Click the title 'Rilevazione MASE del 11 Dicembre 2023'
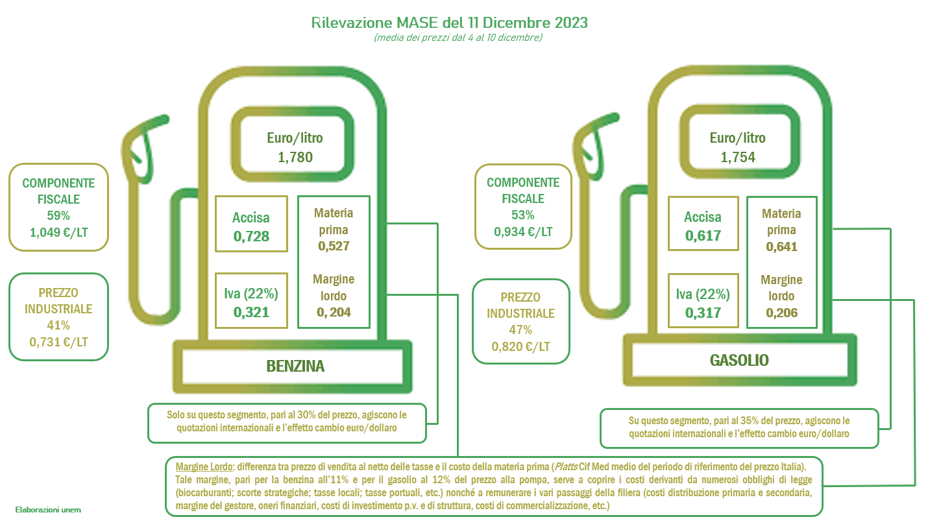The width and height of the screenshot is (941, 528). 449,22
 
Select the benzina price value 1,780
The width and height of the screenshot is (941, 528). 295,157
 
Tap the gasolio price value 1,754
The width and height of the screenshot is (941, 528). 738,157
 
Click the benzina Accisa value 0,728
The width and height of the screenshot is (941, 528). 251,237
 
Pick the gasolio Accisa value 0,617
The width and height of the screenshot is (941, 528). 703,235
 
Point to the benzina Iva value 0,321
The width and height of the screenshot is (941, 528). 251,312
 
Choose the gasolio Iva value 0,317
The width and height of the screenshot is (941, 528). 703,313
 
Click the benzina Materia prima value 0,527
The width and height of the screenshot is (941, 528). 334,246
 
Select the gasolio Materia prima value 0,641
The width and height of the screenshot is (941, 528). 781,246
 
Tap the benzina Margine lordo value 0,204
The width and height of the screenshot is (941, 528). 334,312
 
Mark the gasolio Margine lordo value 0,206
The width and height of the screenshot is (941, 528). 781,313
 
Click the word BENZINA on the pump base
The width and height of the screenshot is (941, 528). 295,366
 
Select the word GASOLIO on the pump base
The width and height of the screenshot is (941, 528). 739,360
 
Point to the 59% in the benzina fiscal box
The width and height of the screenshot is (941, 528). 58,215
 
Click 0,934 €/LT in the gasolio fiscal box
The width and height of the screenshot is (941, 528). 523,232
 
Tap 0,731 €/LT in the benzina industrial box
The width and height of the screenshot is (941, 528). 58,342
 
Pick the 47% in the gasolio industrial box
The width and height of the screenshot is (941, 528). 520,330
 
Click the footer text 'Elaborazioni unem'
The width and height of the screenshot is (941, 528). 48,510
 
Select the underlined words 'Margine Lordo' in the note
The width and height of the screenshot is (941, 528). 204,466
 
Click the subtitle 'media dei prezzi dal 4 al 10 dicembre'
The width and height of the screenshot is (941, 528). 458,38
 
